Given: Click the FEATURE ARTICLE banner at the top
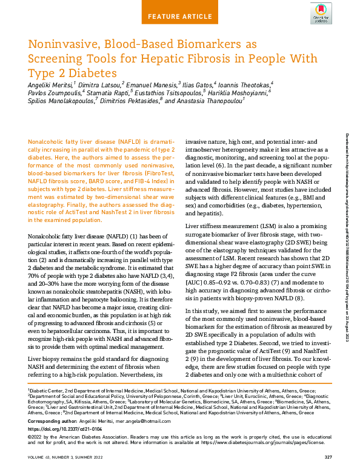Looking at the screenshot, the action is pos(179,16).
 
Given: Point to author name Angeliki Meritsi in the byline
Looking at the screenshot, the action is pos(49,84).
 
